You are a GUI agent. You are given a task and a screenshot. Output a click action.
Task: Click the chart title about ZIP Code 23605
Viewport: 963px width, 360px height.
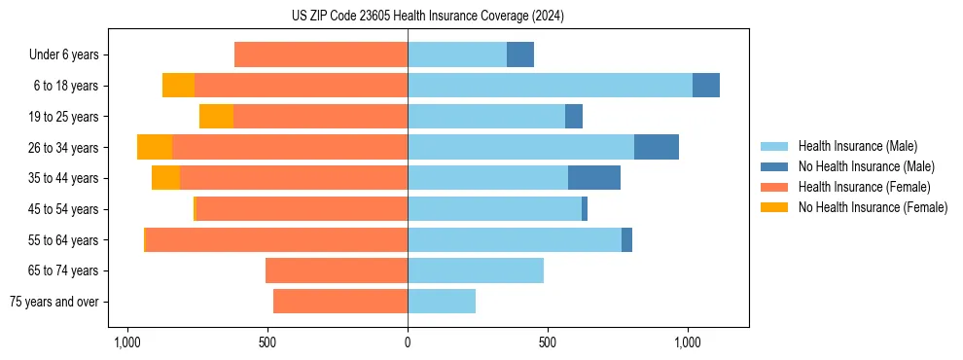tap(427, 17)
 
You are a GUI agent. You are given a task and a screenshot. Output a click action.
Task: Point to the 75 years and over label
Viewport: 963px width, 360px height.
tap(53, 302)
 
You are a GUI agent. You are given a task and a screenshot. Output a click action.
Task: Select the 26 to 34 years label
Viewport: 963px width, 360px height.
tap(65, 148)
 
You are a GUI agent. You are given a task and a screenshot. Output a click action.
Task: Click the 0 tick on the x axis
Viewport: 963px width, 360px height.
tap(408, 343)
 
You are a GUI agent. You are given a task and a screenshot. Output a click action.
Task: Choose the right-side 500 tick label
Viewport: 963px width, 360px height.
tap(548, 343)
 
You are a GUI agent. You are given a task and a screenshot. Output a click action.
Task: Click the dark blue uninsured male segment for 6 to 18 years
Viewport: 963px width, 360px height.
tap(706, 86)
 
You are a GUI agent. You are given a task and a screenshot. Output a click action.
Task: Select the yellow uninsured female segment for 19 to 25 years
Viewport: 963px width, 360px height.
tap(216, 117)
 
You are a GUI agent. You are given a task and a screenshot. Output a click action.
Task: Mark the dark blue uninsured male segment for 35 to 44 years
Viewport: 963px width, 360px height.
tap(594, 178)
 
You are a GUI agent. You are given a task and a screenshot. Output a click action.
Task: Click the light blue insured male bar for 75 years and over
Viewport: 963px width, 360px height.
tap(442, 302)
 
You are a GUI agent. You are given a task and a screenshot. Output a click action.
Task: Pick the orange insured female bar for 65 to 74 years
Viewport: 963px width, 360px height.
tap(337, 270)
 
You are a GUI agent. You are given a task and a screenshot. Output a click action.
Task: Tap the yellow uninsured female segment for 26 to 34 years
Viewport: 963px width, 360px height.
tap(155, 147)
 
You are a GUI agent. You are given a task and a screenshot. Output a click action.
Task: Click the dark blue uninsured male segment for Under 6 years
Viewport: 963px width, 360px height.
tap(520, 55)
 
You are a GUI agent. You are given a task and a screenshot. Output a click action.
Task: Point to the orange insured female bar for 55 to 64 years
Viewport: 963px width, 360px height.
tap(276, 239)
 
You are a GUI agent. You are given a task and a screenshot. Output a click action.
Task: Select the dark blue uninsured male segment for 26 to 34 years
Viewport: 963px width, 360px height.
tap(657, 147)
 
